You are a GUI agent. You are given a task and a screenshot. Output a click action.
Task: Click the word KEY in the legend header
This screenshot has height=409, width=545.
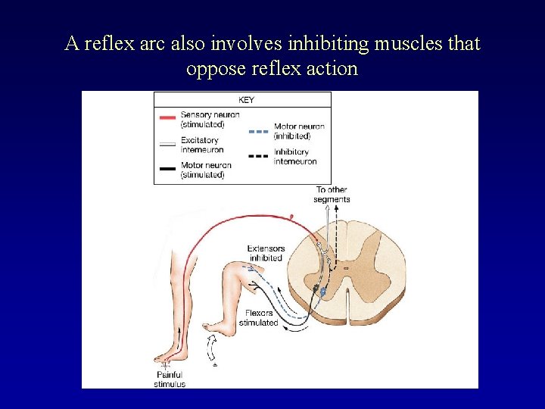246,100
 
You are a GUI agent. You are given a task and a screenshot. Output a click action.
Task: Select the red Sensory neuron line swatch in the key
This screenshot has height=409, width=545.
167,118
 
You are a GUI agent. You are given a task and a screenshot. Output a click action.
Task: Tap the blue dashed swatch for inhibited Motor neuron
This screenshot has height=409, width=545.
259,131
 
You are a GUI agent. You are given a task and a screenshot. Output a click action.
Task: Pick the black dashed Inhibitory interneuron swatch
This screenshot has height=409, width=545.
259,155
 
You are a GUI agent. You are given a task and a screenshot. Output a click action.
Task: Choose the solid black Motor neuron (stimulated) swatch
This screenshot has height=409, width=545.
167,169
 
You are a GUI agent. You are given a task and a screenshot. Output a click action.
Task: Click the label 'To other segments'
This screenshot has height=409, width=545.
332,195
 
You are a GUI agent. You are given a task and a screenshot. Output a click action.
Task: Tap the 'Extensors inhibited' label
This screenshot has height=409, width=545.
266,253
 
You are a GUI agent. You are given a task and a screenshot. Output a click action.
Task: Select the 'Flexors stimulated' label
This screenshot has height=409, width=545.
258,318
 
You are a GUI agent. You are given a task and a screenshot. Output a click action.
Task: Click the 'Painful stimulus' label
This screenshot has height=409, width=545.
170,379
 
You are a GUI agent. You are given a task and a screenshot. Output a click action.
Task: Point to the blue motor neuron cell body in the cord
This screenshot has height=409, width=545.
324,291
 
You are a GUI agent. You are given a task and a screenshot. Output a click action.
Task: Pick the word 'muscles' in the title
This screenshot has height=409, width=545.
402,44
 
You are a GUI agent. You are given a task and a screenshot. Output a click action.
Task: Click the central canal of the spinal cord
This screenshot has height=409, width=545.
347,267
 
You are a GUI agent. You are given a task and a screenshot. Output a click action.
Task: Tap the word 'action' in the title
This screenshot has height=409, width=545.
331,68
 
